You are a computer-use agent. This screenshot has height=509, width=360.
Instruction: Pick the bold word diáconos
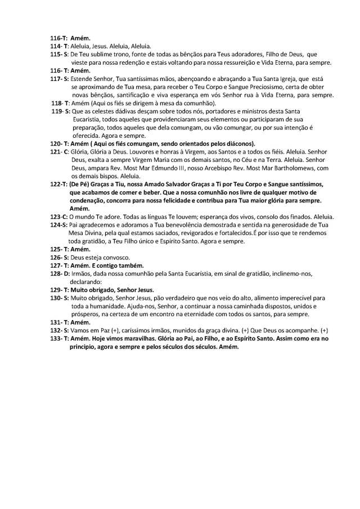tap(239, 143)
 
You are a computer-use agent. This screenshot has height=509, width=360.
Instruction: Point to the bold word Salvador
tap(172, 184)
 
